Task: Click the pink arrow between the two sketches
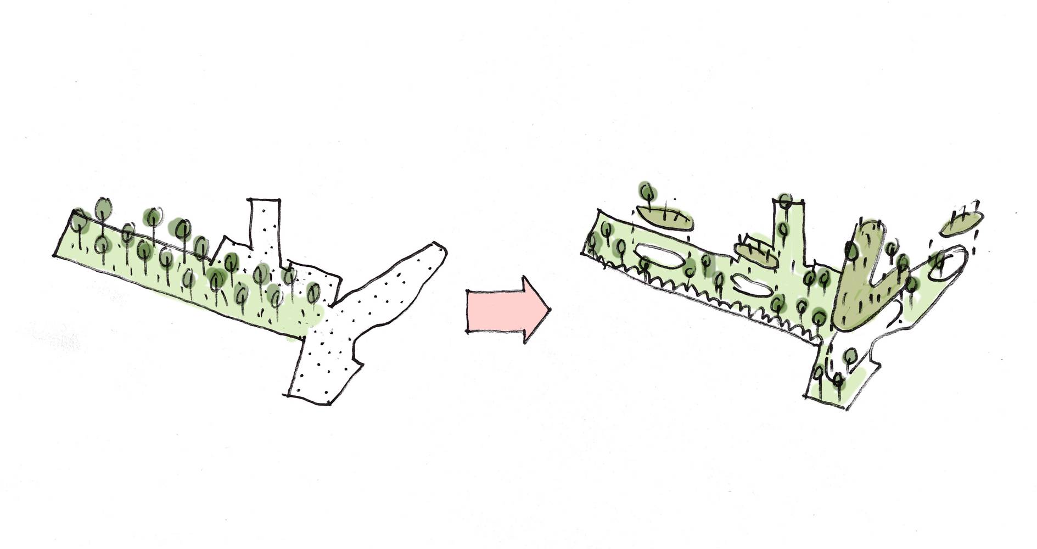tap(502, 310)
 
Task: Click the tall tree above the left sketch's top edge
tap(103, 208)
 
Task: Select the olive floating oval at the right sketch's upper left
tap(664, 217)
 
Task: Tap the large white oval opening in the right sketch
tap(659, 257)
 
